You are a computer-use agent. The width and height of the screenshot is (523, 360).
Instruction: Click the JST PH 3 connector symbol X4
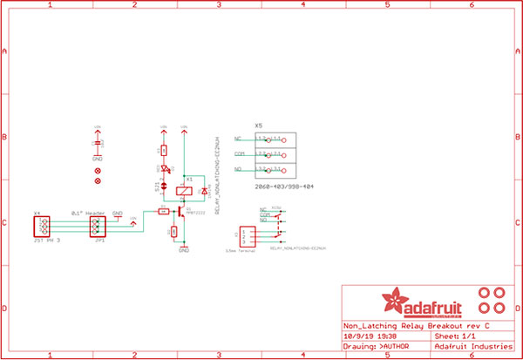[x=40, y=227]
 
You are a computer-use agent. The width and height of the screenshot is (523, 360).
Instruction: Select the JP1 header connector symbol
[x=98, y=227]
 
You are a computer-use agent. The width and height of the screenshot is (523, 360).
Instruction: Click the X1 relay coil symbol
[x=183, y=190]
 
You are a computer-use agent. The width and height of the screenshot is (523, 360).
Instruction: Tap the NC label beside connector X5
[x=238, y=139]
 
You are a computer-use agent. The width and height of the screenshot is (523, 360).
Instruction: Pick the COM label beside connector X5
[x=238, y=153]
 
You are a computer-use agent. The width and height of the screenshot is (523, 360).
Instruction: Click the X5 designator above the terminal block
[x=259, y=126]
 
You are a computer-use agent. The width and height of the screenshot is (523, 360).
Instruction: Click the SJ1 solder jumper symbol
[x=163, y=184]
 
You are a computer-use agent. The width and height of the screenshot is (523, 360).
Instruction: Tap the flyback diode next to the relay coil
[x=203, y=190]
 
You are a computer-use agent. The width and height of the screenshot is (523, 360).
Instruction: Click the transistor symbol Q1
[x=181, y=210]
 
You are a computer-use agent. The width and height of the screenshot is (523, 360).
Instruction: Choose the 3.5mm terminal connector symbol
[x=248, y=235]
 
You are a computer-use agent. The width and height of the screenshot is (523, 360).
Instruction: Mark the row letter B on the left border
[x=6, y=137]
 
